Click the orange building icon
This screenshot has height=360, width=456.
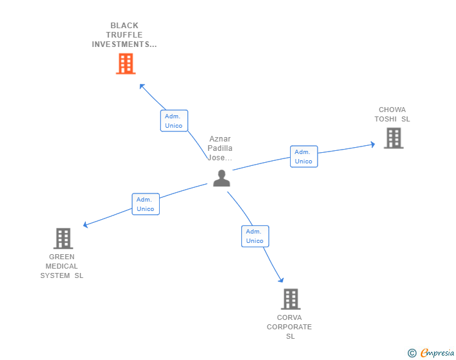click(126, 64)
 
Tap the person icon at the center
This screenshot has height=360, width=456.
click(222, 178)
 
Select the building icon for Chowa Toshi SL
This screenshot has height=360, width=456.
click(393, 138)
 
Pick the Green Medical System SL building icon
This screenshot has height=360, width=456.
click(63, 239)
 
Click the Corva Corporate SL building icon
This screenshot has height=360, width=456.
click(291, 299)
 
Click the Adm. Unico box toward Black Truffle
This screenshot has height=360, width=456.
click(174, 121)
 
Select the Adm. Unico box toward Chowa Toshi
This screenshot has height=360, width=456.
click(304, 157)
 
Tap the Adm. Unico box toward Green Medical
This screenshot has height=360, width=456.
click(146, 204)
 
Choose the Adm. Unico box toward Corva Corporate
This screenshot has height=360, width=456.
click(255, 236)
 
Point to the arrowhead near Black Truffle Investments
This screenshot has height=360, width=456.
click(142, 86)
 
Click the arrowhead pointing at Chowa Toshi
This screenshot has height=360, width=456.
click(373, 144)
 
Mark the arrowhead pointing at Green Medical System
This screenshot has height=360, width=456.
click(85, 225)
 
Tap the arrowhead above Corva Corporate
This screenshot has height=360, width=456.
click(281, 280)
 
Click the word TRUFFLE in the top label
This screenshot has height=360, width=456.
click(124, 35)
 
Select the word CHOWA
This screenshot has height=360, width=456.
click(392, 110)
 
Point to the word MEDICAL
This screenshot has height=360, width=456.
click(61, 266)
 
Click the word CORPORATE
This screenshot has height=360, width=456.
click(289, 327)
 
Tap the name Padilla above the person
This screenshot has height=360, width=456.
click(220, 148)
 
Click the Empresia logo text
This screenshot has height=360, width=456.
click(437, 352)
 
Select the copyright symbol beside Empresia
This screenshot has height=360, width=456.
click(412, 353)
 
